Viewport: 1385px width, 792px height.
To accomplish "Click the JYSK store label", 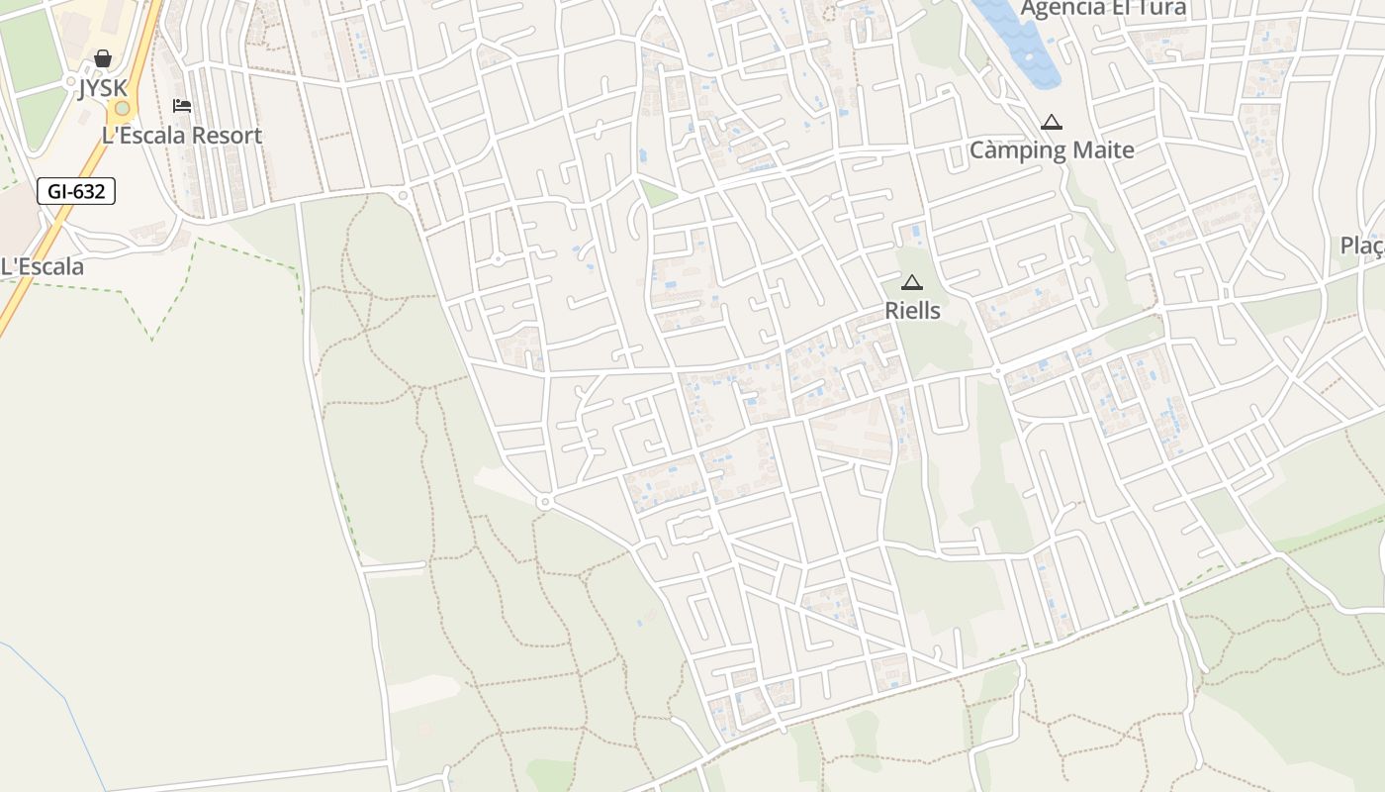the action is point(103,88).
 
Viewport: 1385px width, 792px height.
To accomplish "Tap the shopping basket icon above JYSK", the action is point(103,59).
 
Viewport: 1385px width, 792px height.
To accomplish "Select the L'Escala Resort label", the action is point(182,136).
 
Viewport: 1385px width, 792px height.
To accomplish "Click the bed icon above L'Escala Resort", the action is point(182,105).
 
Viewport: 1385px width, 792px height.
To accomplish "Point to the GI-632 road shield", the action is point(76,191).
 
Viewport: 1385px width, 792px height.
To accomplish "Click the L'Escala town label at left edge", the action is point(43,266).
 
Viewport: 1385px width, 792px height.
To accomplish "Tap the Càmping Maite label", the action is point(1052,150).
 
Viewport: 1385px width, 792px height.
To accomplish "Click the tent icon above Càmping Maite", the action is point(1051,122).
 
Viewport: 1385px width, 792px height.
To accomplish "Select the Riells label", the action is point(912,310).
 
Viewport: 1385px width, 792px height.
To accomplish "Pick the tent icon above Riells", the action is point(912,282).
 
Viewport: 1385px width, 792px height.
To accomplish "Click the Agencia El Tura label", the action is point(1103,9).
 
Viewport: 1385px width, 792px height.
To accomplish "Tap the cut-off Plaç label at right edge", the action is point(1361,246).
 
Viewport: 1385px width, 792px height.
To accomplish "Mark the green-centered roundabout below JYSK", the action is point(122,108).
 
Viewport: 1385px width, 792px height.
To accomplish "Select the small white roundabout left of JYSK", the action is point(70,80).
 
